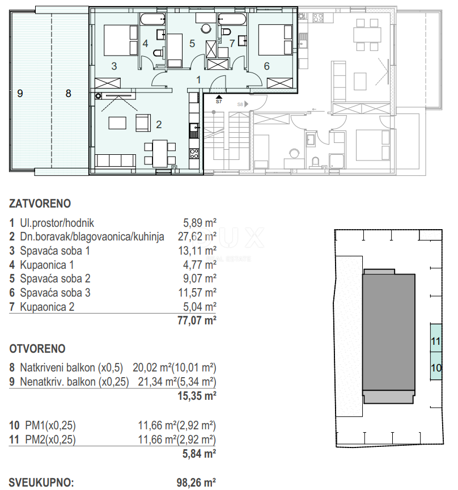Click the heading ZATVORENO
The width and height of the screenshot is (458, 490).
click(40, 202)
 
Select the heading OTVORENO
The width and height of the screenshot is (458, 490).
click(37, 349)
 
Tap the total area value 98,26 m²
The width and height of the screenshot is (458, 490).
click(196, 483)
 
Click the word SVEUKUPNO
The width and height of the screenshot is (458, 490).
click(41, 483)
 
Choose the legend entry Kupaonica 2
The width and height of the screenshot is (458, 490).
click(46, 307)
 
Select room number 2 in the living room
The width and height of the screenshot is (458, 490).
click(159, 124)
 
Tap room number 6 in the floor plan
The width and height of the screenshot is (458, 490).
click(266, 66)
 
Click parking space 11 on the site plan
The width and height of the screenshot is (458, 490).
click(435, 341)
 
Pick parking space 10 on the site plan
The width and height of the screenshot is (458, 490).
click(435, 367)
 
